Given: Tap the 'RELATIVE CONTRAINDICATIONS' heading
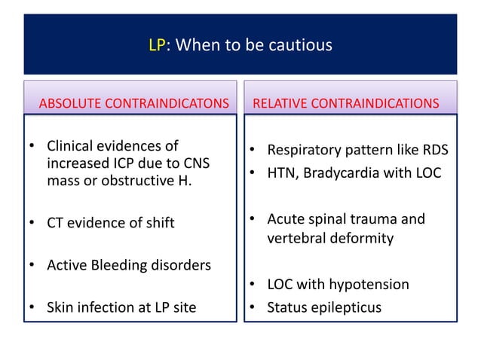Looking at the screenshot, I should [x=345, y=102].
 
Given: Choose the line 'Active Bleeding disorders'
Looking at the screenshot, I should [x=128, y=265].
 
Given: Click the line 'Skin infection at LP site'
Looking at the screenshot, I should [x=121, y=307].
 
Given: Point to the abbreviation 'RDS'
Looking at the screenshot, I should [x=434, y=150].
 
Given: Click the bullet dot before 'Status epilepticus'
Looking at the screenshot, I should [x=254, y=308].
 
